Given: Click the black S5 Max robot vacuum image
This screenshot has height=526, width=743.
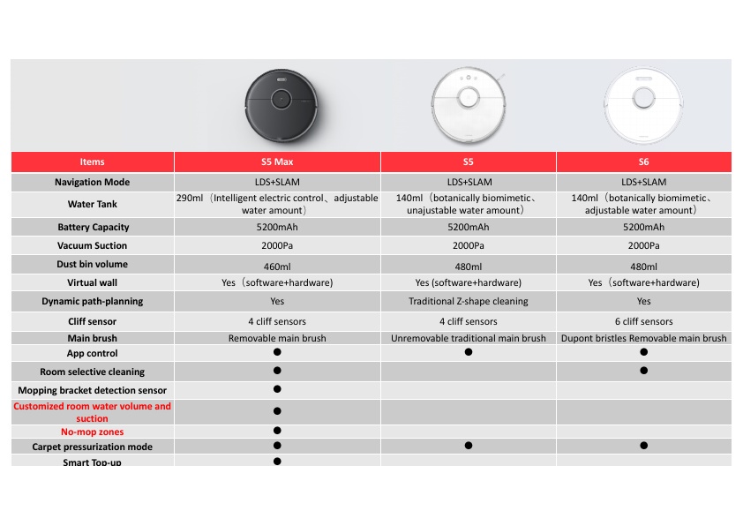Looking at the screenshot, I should tap(277, 106).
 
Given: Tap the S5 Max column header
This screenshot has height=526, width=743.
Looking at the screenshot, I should tap(277, 162).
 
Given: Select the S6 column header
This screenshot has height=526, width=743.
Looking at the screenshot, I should tap(643, 162).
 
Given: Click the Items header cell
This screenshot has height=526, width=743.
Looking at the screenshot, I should tap(92, 162).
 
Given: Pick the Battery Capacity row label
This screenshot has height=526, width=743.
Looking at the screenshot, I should tap(92, 227).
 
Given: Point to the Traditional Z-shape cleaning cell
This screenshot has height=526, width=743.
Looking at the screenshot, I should tap(468, 302).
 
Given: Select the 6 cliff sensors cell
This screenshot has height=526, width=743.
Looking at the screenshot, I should tap(643, 321).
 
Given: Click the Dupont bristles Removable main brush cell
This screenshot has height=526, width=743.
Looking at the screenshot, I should tap(643, 338).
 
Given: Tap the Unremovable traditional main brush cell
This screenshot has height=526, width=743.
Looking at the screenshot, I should tap(468, 338).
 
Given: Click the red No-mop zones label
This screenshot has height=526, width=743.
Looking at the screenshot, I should tap(92, 432).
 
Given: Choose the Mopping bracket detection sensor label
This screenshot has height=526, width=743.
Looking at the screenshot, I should tap(92, 390).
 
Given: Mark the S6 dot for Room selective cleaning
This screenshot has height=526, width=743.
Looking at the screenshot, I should tap(643, 371).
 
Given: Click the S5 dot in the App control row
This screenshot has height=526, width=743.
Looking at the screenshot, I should tap(468, 352).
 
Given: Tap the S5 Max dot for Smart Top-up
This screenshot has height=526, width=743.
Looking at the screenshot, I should tap(277, 461).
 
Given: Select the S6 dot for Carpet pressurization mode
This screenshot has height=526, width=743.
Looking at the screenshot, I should tap(643, 446).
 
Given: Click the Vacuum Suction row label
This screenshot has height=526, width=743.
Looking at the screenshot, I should tap(92, 246).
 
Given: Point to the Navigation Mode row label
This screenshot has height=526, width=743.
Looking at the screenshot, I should tap(92, 183).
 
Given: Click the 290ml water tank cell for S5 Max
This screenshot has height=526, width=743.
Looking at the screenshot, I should tap(277, 205).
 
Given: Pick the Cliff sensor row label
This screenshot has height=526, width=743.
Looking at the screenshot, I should tap(92, 321).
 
